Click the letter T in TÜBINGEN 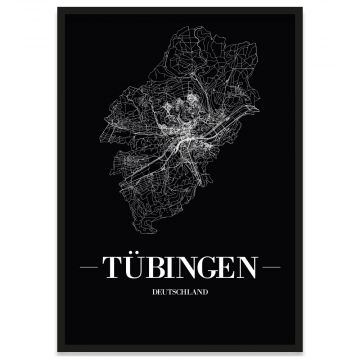click(x=123, y=268)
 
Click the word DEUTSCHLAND click(x=179, y=293)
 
